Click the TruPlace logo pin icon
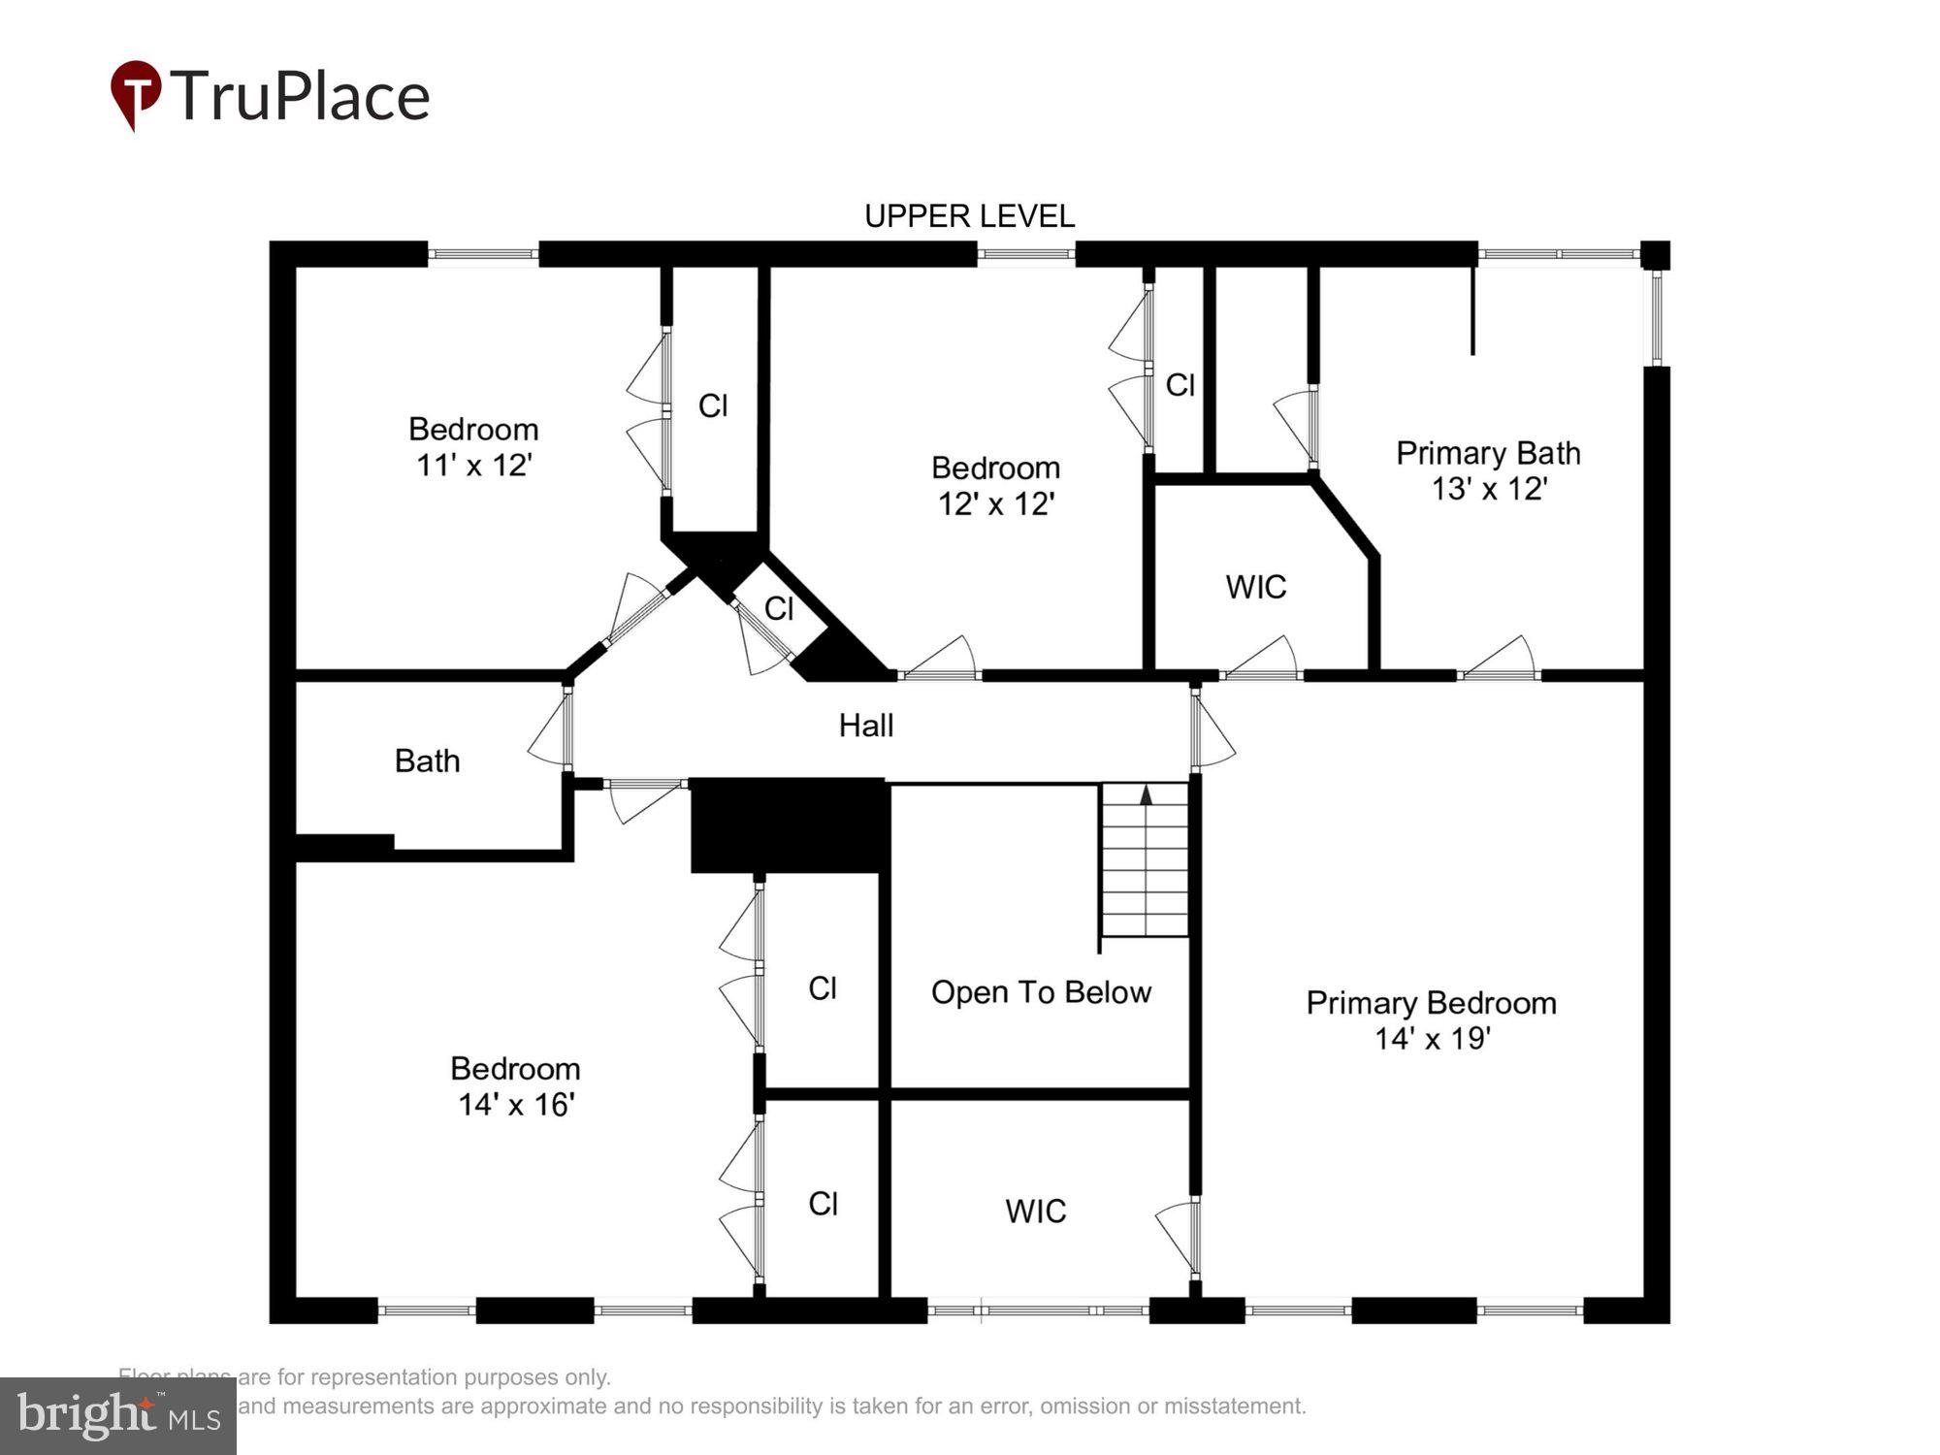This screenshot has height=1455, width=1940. point(136,93)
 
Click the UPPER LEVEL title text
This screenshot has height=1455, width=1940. point(969,215)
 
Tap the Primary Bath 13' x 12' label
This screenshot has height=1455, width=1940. point(1488,470)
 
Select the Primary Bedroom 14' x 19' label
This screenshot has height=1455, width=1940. point(1431,1019)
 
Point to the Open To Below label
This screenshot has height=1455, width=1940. point(1041,992)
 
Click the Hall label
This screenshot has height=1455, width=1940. point(865,726)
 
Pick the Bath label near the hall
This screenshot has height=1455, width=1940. point(427,761)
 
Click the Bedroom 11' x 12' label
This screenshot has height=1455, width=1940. point(473,447)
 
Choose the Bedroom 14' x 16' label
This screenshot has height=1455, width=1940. point(515,1086)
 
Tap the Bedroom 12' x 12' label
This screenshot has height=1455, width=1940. point(995,486)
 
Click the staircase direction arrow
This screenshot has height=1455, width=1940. point(1146,795)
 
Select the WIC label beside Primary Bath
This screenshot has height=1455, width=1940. point(1255,587)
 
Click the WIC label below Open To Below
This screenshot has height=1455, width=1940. point(1035,1212)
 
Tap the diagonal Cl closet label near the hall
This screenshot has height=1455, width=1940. point(779,609)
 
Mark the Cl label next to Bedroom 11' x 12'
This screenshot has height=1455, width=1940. point(713,405)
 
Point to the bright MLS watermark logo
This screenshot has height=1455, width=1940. point(117,1416)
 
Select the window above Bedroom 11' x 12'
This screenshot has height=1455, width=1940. point(483,254)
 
